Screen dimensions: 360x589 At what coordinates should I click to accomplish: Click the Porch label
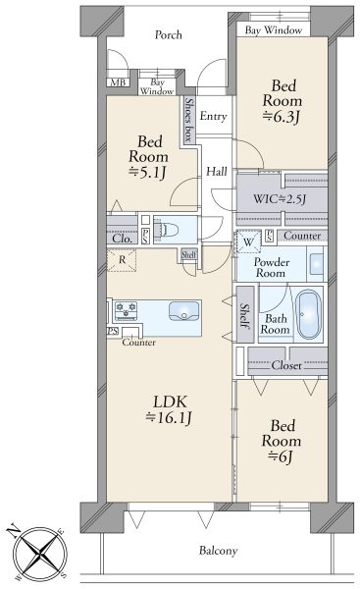click(169, 35)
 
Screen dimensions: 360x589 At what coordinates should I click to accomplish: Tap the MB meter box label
click(119, 82)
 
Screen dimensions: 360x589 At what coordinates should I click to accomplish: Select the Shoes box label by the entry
click(189, 120)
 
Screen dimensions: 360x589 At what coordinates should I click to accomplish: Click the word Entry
click(213, 117)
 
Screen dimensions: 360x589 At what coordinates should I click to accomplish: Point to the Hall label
click(217, 172)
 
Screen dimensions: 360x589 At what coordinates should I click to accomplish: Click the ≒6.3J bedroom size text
click(282, 117)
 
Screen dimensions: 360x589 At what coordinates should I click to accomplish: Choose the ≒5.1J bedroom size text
click(148, 173)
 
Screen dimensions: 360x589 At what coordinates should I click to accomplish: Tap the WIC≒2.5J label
click(280, 198)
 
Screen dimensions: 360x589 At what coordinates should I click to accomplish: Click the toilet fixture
click(169, 230)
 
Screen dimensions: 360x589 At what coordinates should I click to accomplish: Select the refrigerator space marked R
click(122, 260)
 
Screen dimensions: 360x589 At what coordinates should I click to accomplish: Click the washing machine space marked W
click(248, 242)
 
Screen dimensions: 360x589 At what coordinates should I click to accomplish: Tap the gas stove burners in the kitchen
click(126, 311)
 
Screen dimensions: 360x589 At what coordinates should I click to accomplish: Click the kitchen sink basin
click(184, 311)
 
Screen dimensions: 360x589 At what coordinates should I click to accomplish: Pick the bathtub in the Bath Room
click(309, 314)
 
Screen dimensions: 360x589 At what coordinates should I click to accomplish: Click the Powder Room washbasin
click(317, 263)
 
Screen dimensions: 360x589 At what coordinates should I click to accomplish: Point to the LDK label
click(170, 402)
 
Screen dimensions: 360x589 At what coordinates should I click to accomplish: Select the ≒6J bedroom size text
click(282, 457)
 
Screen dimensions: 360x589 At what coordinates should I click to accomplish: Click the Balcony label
click(219, 551)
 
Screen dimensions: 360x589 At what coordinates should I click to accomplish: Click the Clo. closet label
click(123, 239)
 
